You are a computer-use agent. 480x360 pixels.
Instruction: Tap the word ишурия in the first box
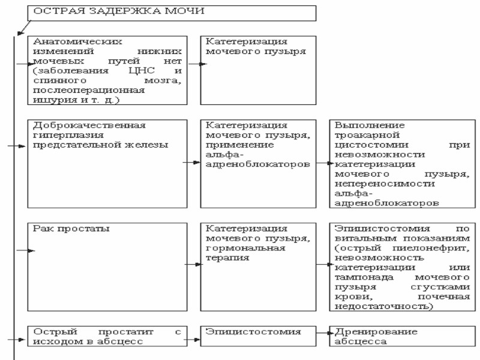48,100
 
